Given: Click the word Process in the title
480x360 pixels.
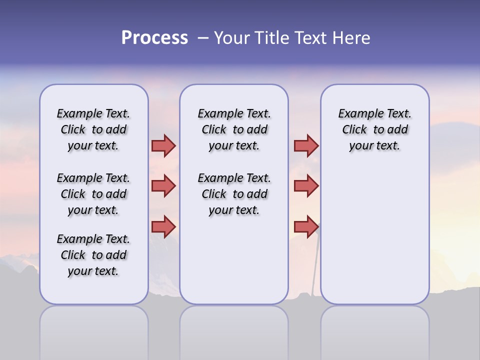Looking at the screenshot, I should click(154, 38).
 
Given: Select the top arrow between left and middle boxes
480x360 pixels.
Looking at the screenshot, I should click(163, 145).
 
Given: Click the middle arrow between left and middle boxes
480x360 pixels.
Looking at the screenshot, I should click(163, 186).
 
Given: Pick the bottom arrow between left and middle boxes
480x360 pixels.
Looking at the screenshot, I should click(163, 226).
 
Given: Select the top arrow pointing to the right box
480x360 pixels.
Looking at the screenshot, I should click(306, 145).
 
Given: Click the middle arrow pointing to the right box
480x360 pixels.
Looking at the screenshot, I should click(306, 186).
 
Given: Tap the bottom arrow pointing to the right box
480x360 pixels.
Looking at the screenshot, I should click(306, 226).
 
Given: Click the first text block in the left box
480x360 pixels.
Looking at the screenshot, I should click(93, 129).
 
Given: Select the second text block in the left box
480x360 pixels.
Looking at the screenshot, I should click(93, 194).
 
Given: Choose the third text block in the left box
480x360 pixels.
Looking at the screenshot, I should click(93, 255).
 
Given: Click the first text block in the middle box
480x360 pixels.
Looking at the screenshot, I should click(234, 129).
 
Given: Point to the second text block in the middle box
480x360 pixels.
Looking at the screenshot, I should click(234, 194).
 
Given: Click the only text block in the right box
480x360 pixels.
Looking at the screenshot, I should click(374, 129).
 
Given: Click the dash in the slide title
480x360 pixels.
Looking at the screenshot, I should click(202, 38).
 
